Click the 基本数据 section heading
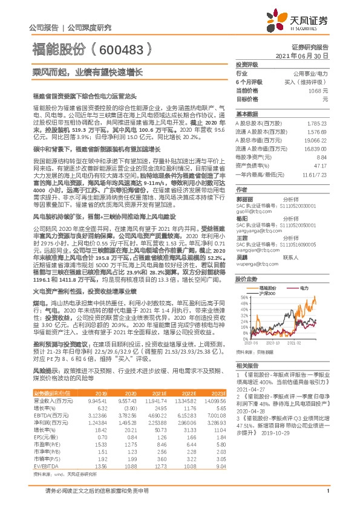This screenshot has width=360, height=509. pos(246,114)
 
